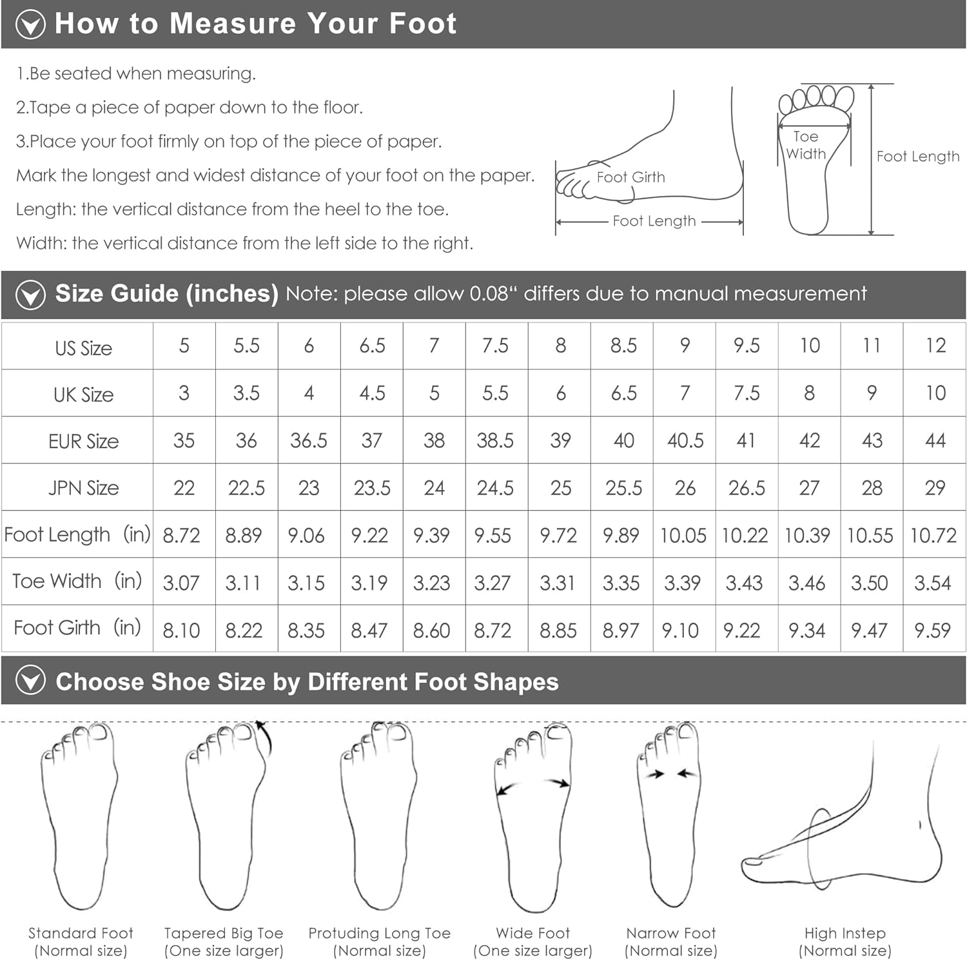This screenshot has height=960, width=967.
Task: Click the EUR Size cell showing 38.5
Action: [x=495, y=440]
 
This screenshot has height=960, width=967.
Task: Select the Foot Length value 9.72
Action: [x=558, y=535]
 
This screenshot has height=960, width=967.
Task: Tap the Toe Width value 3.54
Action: [x=932, y=583]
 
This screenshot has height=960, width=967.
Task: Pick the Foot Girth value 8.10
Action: [x=181, y=630]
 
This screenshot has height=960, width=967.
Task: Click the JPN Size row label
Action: [x=84, y=488]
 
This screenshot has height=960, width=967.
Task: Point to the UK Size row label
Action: [x=84, y=394]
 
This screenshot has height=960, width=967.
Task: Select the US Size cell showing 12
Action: [x=935, y=346]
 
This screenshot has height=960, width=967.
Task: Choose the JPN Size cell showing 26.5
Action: [x=747, y=488]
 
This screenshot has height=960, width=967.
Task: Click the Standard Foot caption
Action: [x=81, y=941]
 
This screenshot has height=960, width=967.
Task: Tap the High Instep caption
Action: [x=845, y=941]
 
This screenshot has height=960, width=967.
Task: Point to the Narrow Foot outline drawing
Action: [x=669, y=815]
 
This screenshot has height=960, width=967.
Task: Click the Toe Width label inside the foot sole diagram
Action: [x=806, y=145]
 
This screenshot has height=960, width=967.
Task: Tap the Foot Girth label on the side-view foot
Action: [x=630, y=177]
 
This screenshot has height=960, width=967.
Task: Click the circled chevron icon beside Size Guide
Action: [x=30, y=295]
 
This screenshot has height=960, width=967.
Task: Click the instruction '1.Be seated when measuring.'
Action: [x=136, y=73]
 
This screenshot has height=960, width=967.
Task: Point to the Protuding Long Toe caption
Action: [x=379, y=941]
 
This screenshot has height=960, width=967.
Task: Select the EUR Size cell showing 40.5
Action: [x=685, y=440]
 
